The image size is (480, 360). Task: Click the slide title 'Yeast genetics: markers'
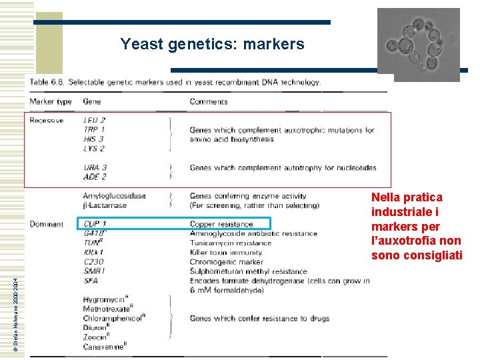pyautogui.click(x=212, y=45)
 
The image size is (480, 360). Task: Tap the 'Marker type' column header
pyautogui.click(x=50, y=102)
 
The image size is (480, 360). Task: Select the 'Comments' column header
pyautogui.click(x=209, y=102)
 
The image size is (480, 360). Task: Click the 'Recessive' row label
pyautogui.click(x=47, y=121)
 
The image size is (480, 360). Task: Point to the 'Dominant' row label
pyautogui.click(x=47, y=224)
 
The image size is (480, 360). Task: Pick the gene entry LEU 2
pyautogui.click(x=94, y=121)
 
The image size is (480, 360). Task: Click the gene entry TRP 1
pyautogui.click(x=94, y=130)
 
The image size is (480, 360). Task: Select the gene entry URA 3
pyautogui.click(x=95, y=167)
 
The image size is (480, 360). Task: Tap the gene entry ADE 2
pyautogui.click(x=95, y=177)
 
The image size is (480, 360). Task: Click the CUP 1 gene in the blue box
pyautogui.click(x=95, y=224)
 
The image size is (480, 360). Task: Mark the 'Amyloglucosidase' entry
pyautogui.click(x=114, y=196)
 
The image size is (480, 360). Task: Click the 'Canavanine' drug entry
pyautogui.click(x=105, y=346)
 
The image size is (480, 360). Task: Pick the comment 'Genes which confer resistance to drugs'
pyautogui.click(x=259, y=319)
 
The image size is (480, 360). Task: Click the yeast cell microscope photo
pyautogui.click(x=419, y=44)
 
